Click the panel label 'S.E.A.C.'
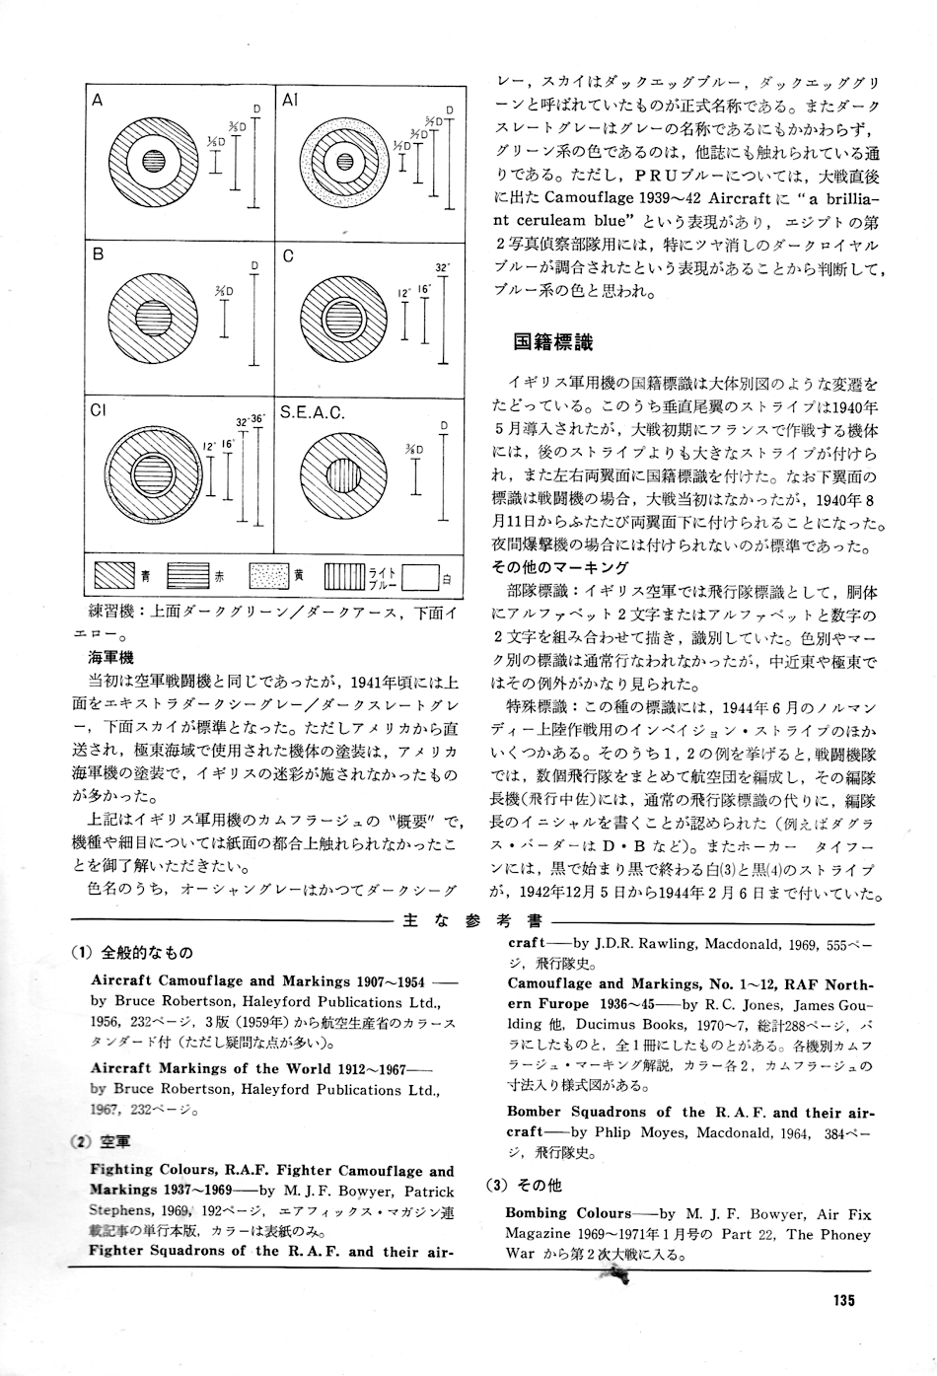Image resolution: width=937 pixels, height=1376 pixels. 313,413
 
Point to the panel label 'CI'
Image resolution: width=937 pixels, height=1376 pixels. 99,413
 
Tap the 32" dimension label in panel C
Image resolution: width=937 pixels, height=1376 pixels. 442,268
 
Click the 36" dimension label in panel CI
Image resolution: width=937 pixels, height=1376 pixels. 258,419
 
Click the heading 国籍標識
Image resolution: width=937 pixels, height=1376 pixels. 552,342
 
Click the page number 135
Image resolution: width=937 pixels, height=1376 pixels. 842,1299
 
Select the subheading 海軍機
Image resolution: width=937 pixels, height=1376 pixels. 110,656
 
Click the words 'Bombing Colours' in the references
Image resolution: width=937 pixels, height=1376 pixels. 568,1213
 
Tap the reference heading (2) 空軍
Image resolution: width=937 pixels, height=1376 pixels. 102,1141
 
